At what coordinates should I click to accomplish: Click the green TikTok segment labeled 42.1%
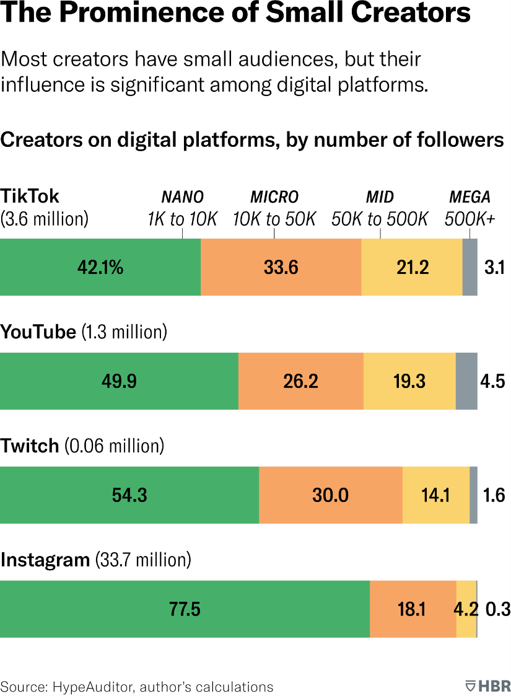[x=100, y=267]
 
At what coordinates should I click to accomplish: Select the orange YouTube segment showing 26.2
[x=300, y=381]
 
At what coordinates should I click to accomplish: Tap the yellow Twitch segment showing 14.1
[x=435, y=495]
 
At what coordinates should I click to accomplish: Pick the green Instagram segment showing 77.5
[x=185, y=609]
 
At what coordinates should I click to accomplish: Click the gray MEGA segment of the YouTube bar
[x=466, y=381]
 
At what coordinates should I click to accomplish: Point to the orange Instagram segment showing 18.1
[x=413, y=609]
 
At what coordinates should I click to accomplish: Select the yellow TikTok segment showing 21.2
[x=412, y=267]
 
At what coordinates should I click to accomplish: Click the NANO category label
[x=182, y=198]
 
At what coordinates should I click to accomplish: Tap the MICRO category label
[x=274, y=198]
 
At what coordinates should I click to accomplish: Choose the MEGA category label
[x=470, y=198]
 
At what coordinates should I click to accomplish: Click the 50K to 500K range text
[x=380, y=219]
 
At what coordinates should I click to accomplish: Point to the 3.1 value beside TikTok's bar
[x=496, y=268]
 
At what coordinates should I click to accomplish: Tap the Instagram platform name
[x=45, y=560]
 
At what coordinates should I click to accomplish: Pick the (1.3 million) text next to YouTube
[x=124, y=332]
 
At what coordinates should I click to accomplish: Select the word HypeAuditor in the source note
[x=94, y=687]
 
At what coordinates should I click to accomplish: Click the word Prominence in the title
[x=128, y=14]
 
